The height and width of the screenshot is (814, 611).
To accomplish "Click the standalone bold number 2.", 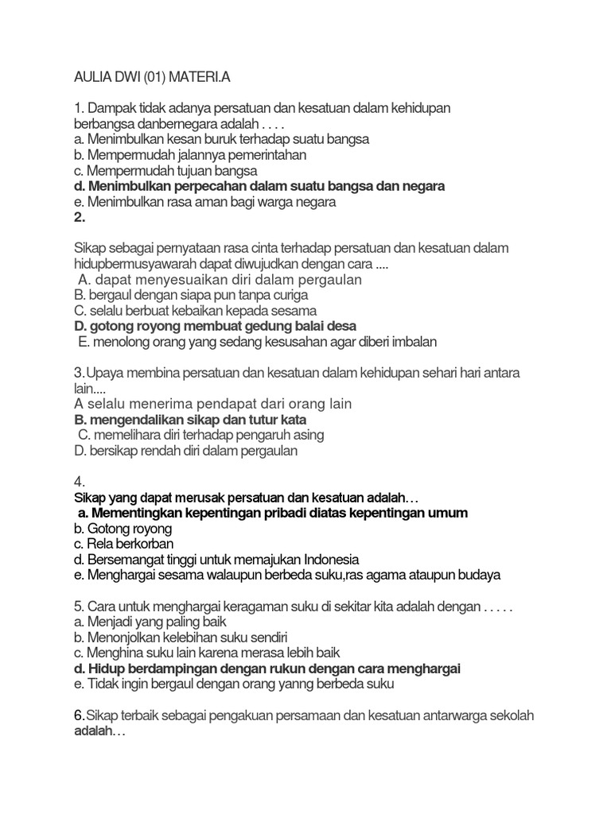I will click(x=78, y=217).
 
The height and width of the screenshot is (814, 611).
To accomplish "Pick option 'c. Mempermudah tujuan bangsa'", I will click(x=166, y=170).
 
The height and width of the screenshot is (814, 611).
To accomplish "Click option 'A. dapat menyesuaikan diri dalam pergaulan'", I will click(x=220, y=280).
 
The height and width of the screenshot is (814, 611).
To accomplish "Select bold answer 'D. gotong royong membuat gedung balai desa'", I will click(x=215, y=326).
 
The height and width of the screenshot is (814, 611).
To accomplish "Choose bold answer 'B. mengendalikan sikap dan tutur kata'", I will click(x=189, y=419).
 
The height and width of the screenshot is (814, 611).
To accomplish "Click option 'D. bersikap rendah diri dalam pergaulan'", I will click(x=185, y=451).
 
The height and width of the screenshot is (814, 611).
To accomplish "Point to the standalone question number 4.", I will click(x=78, y=482).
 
